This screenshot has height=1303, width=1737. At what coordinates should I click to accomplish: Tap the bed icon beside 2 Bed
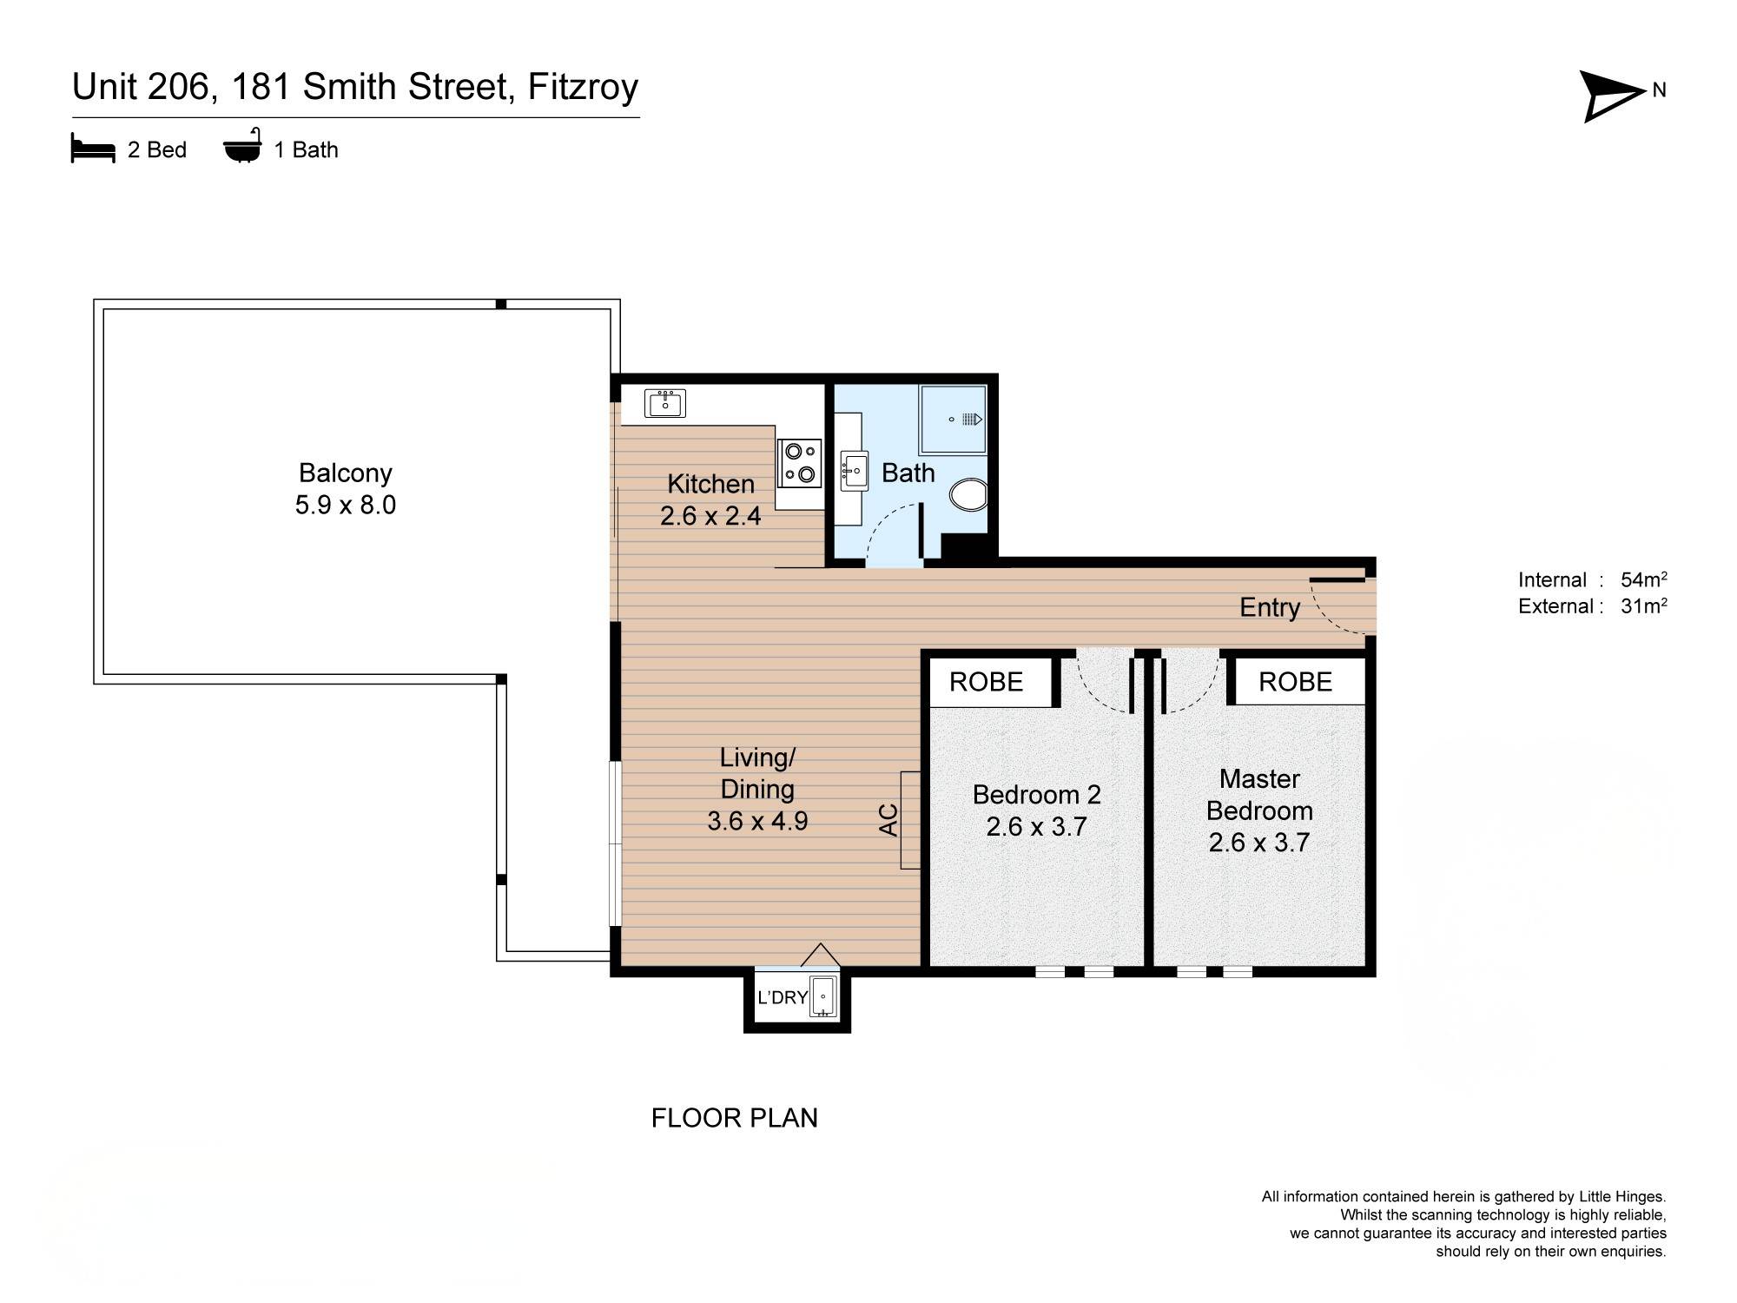click(93, 149)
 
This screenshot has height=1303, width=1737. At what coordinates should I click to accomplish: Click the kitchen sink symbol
click(665, 403)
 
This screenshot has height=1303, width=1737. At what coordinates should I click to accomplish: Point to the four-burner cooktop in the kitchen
click(799, 462)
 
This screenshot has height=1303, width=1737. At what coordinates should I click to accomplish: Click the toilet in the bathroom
click(968, 496)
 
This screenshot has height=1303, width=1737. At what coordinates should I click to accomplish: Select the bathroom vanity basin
click(854, 472)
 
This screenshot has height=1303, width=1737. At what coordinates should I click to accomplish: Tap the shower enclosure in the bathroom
click(954, 420)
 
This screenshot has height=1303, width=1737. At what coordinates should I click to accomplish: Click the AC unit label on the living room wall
click(888, 820)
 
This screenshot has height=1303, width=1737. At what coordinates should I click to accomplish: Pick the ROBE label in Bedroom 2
click(986, 682)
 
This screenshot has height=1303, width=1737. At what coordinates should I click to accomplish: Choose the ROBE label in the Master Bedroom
click(1295, 682)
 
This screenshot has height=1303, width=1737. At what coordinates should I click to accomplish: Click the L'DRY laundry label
click(783, 997)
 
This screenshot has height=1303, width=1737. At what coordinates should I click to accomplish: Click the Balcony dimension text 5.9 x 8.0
click(345, 505)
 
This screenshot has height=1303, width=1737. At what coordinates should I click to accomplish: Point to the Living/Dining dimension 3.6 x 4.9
click(757, 821)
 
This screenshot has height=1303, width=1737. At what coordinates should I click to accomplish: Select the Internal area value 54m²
click(1643, 579)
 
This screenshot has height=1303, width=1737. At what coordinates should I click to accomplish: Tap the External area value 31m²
click(1643, 606)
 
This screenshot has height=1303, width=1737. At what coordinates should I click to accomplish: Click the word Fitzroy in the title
click(583, 88)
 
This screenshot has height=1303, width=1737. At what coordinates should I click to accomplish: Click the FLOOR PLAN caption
click(734, 1118)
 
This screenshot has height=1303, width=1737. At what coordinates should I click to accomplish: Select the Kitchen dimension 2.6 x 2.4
click(710, 516)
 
